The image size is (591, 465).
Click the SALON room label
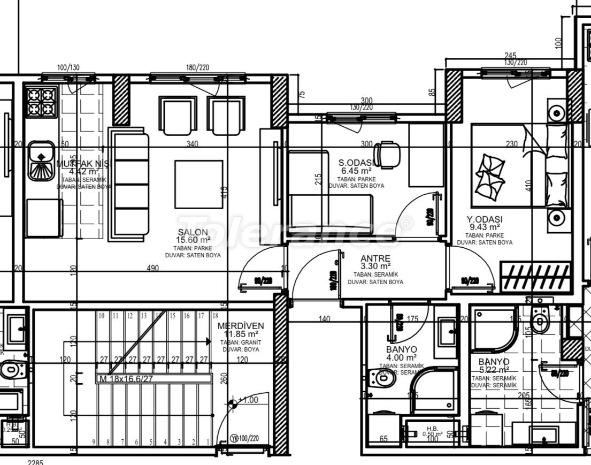(x=193, y=232)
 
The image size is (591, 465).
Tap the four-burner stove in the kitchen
(x=42, y=102)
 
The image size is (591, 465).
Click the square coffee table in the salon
(x=199, y=184)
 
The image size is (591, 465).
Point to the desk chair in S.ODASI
(x=387, y=154)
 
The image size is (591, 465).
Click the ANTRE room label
(x=375, y=258)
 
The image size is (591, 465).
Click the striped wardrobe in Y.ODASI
(x=537, y=277)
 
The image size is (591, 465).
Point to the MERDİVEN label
(x=241, y=326)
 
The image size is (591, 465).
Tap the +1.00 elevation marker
(x=248, y=400)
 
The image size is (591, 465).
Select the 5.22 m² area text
(x=493, y=370)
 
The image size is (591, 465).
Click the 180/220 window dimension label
(x=198, y=67)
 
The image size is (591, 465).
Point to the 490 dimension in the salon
(x=153, y=268)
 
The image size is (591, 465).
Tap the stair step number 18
(x=215, y=316)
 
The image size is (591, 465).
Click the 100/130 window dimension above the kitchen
(x=68, y=67)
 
